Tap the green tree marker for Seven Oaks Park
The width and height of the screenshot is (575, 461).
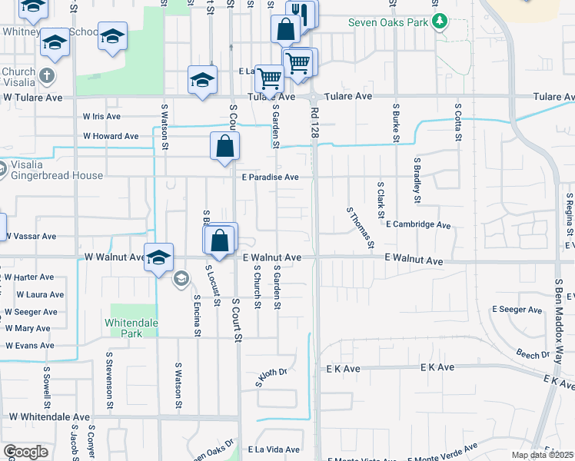[439, 22]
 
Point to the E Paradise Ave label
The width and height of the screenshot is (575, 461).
[270, 177]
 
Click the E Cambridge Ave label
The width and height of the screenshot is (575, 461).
[418, 225]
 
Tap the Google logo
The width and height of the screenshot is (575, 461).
[25, 451]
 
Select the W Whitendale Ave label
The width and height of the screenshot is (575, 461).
[51, 416]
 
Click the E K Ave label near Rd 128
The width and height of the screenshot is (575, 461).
[343, 369]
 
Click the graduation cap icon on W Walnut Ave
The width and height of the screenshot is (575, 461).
[158, 257]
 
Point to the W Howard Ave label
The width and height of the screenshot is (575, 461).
[111, 136]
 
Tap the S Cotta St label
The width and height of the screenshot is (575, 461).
[458, 121]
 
